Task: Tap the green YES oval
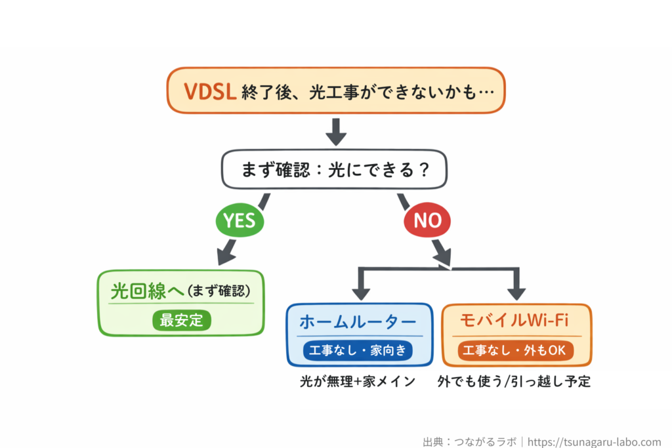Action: tap(240, 221)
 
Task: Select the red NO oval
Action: tap(427, 221)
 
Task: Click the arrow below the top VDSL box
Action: tap(336, 132)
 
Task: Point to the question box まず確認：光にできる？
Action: tap(335, 171)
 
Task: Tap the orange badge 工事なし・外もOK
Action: tap(514, 350)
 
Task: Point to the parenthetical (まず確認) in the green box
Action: tap(219, 291)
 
